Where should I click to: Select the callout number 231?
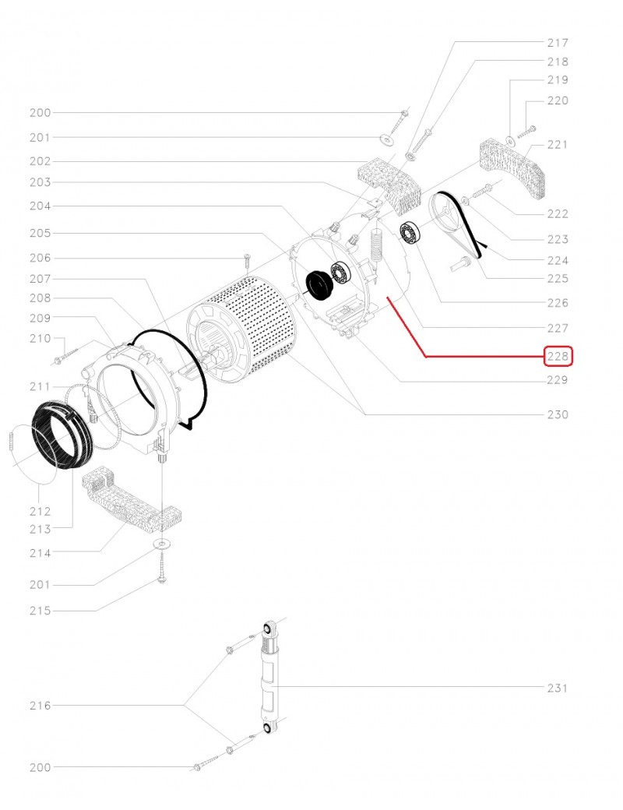pyautogui.click(x=558, y=688)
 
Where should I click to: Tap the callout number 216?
pyautogui.click(x=40, y=706)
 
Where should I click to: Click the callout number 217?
pyautogui.click(x=558, y=43)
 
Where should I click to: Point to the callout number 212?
pyautogui.click(x=40, y=512)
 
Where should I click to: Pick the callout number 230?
pyautogui.click(x=558, y=414)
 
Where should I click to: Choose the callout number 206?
pyautogui.click(x=40, y=258)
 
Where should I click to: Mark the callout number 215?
pyautogui.click(x=40, y=611)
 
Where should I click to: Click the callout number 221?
pyautogui.click(x=558, y=145)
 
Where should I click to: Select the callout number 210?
pyautogui.click(x=40, y=339)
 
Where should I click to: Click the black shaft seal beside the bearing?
pyautogui.click(x=318, y=283)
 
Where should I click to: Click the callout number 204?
pyautogui.click(x=40, y=206)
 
